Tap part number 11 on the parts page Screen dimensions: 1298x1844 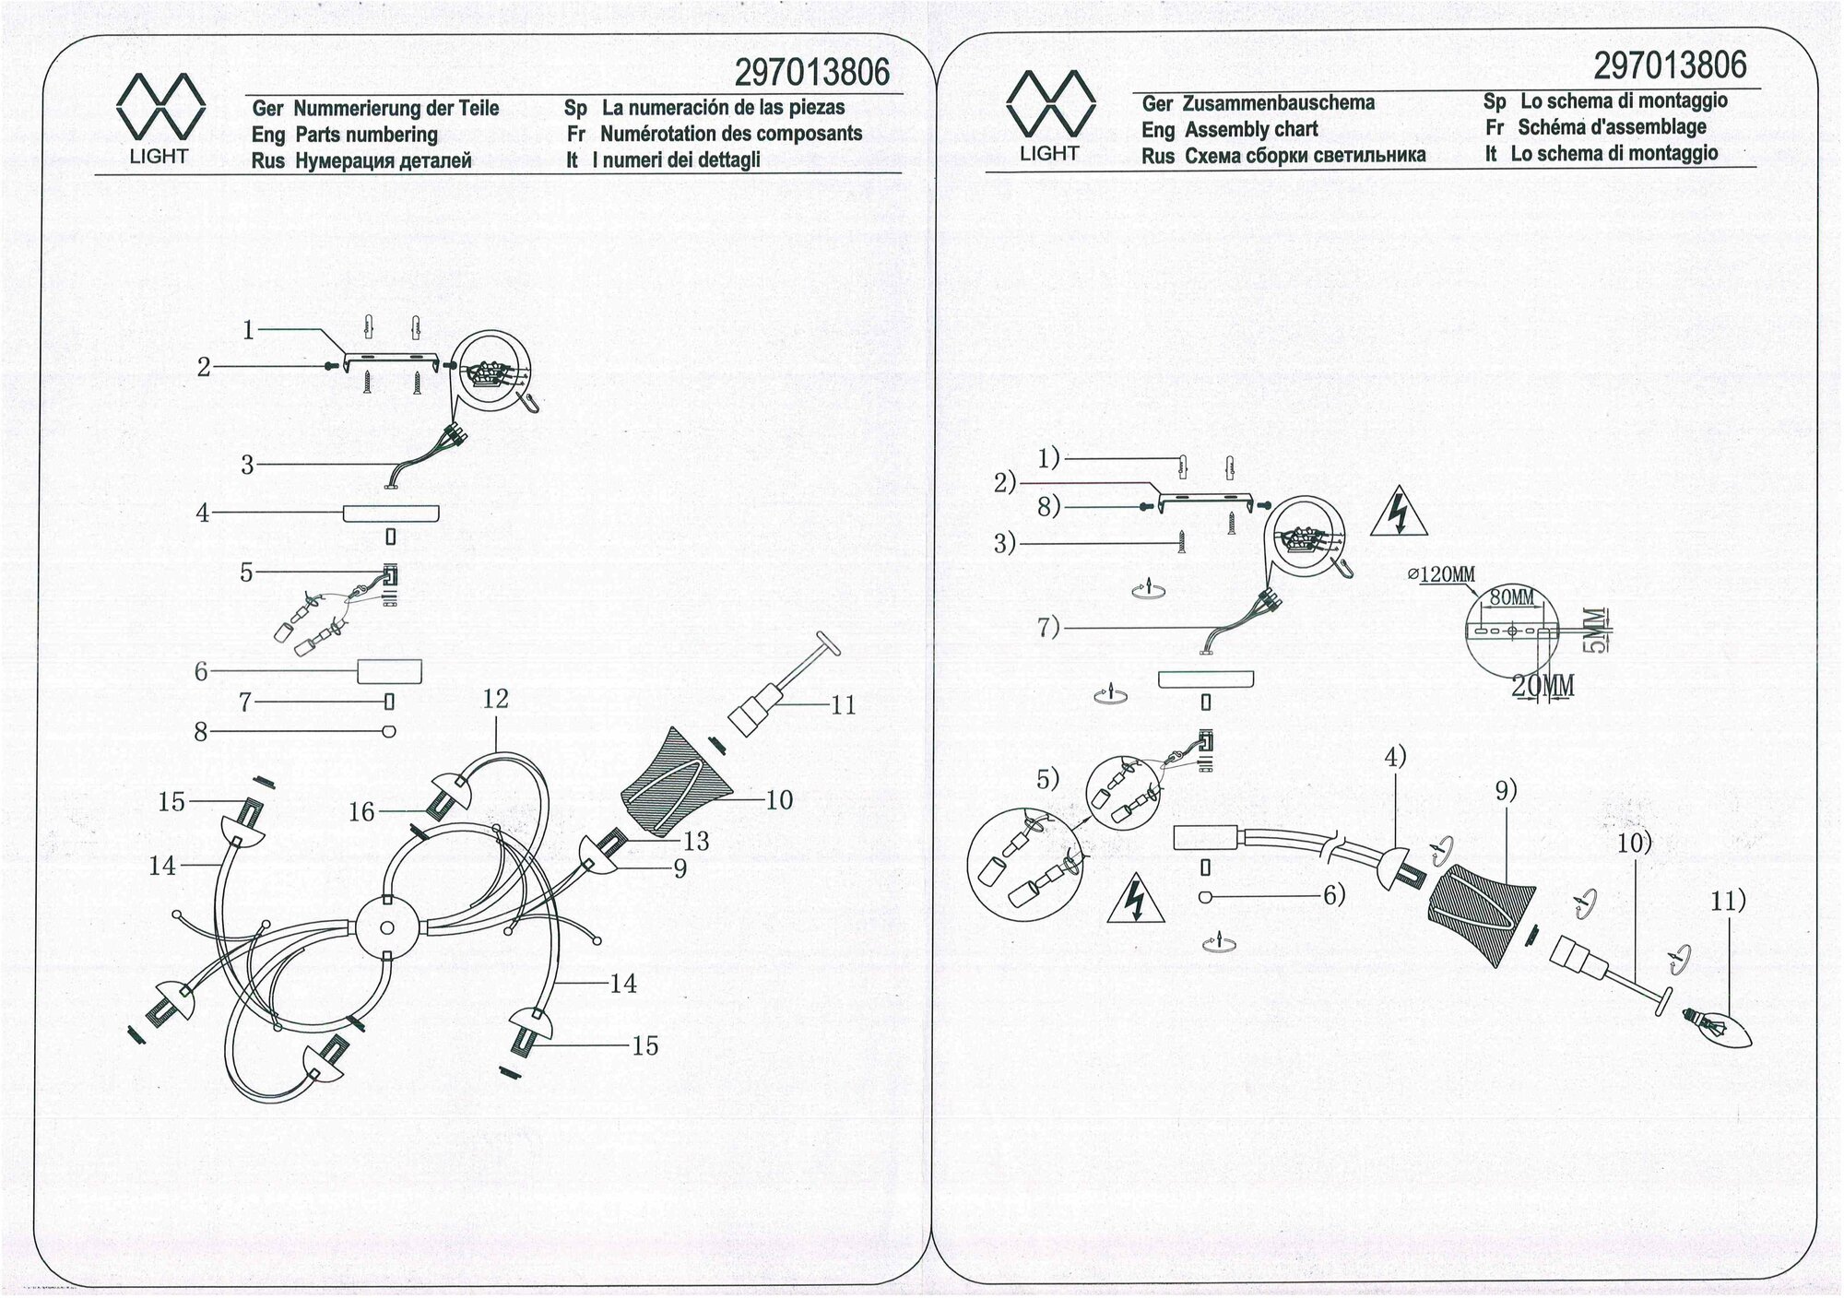(843, 705)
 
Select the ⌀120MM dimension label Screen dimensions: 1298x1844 (1442, 574)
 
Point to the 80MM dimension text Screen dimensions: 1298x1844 (1512, 596)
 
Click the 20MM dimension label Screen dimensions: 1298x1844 (1543, 686)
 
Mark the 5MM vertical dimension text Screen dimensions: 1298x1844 (1593, 629)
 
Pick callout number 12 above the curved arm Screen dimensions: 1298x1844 (495, 699)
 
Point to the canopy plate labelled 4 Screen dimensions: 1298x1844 (391, 513)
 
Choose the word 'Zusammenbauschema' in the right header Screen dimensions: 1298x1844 (1279, 103)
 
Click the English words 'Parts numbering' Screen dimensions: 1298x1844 (366, 135)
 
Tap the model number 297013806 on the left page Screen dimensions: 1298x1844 (812, 72)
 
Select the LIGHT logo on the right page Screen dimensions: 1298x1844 (1050, 115)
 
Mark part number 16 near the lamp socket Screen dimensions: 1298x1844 (361, 811)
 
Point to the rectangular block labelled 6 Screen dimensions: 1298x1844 (389, 671)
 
